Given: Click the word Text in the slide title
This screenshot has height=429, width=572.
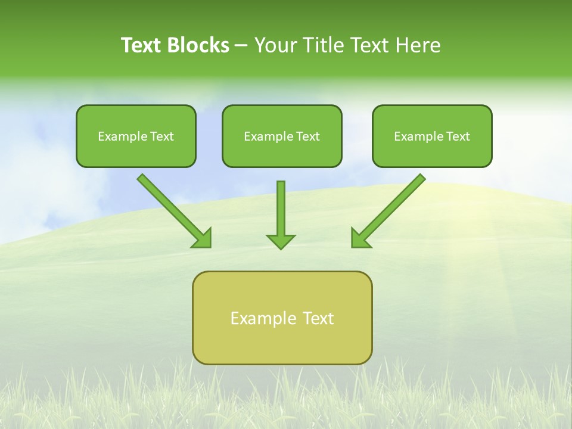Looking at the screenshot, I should (142, 45).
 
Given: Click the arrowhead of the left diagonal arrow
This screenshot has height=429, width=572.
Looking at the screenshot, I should (203, 238).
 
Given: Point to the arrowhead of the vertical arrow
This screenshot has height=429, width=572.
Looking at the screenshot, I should (281, 241).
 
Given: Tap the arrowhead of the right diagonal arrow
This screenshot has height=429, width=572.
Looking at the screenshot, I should (360, 238).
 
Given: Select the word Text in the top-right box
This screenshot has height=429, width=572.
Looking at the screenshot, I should (458, 136).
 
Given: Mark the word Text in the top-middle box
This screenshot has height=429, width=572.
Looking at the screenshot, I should (307, 136).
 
